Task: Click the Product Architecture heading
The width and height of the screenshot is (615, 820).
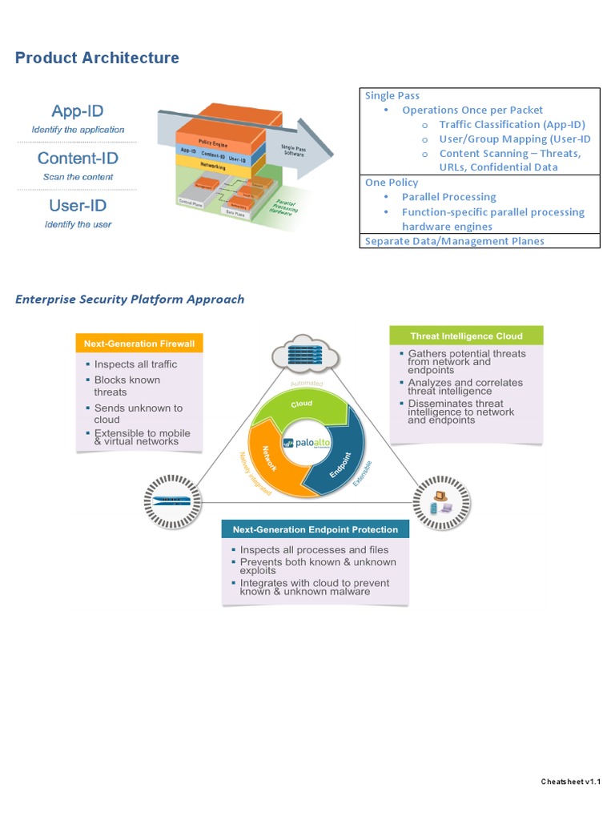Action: (x=97, y=58)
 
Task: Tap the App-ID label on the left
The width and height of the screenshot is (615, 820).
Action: (x=78, y=111)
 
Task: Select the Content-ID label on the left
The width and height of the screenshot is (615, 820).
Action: (x=78, y=159)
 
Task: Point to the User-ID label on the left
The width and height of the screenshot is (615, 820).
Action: (x=78, y=206)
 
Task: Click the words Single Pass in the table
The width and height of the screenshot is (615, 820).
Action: (x=392, y=95)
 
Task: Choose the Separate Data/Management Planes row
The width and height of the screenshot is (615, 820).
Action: (x=454, y=240)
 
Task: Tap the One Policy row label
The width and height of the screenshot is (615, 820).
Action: (x=392, y=183)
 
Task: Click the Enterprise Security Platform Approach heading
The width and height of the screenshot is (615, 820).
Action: (x=130, y=299)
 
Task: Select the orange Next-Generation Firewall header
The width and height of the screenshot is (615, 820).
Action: (x=139, y=344)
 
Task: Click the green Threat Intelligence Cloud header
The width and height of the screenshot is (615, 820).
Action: (x=466, y=336)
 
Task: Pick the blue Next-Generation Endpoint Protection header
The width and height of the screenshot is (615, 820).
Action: (x=315, y=529)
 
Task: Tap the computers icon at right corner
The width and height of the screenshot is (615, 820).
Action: (x=440, y=501)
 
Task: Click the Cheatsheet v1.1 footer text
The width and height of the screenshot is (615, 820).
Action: (x=570, y=782)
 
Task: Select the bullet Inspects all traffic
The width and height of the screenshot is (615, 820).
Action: (x=135, y=364)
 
